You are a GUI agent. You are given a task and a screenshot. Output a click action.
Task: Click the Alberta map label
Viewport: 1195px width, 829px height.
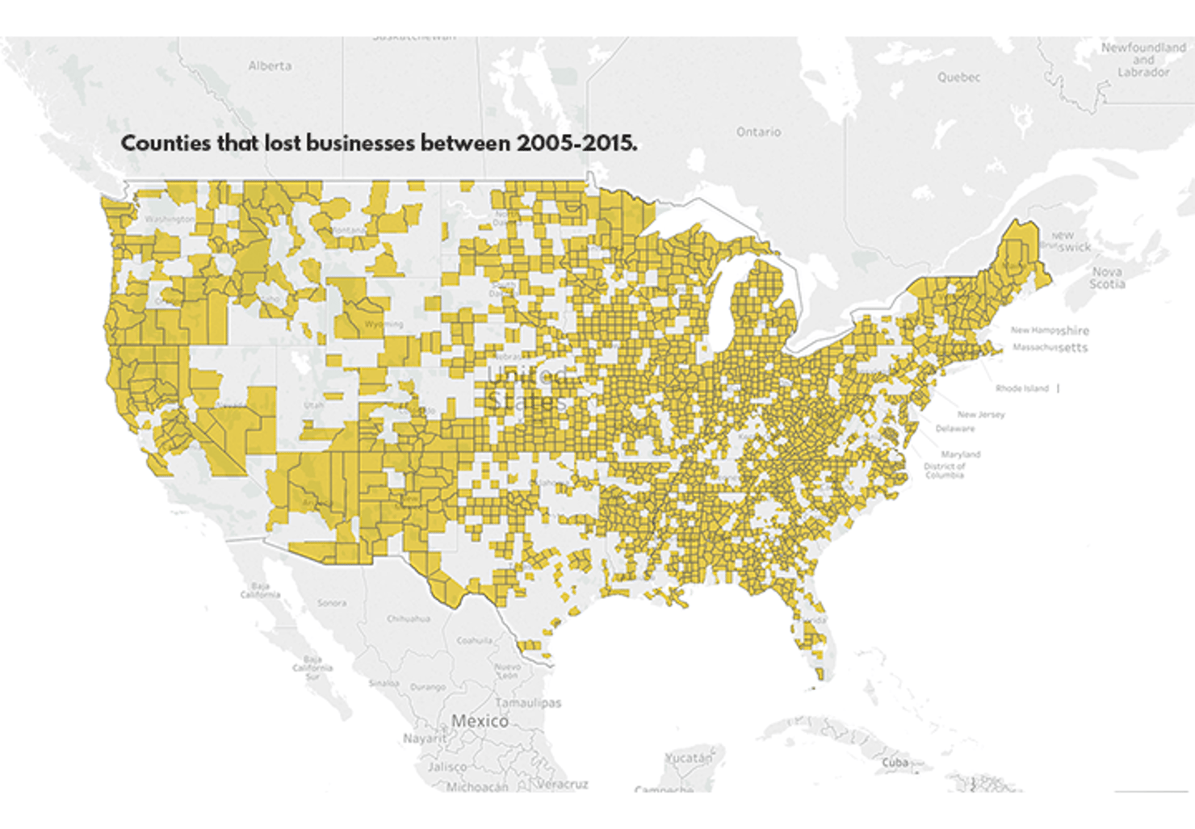(x=270, y=65)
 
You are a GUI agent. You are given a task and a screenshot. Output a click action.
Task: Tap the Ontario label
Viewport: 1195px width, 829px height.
(x=758, y=132)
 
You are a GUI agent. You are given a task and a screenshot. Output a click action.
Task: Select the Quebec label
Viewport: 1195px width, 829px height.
(x=958, y=77)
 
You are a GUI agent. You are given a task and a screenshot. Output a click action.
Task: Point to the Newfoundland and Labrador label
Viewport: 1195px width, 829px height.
(x=1143, y=60)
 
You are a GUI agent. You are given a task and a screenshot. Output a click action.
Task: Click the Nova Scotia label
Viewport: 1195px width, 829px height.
(x=1106, y=278)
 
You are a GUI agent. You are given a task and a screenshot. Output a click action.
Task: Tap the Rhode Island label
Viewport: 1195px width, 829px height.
(x=1021, y=388)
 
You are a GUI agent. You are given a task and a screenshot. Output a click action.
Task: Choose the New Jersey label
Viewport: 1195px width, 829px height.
(x=981, y=414)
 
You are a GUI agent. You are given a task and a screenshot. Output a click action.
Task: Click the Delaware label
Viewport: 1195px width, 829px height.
(x=954, y=429)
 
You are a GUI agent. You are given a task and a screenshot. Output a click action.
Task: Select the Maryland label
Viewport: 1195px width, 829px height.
(x=960, y=454)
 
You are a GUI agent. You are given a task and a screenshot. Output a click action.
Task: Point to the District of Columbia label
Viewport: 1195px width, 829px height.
(x=944, y=471)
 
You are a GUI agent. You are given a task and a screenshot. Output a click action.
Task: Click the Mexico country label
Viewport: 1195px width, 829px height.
(x=480, y=721)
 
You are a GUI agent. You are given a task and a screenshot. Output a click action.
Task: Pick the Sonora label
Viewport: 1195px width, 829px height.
(x=331, y=603)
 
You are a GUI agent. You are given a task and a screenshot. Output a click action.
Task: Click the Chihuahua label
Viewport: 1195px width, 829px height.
(x=408, y=619)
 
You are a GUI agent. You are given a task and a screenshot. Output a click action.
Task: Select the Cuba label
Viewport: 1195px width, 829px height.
(x=895, y=762)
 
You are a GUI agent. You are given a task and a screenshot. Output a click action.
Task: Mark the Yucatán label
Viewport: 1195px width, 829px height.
(x=689, y=758)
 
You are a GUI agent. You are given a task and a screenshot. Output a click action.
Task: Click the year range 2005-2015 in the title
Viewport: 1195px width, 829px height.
(x=577, y=143)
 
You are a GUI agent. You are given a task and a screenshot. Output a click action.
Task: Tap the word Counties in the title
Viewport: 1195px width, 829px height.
(x=166, y=143)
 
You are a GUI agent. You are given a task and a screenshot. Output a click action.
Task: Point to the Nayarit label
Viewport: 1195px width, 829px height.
(x=425, y=739)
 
